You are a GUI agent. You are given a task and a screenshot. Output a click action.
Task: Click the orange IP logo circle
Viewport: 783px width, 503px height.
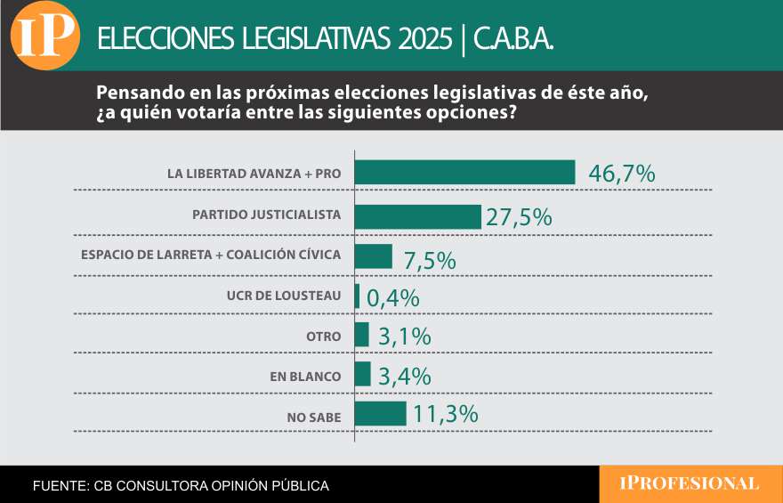[44, 37]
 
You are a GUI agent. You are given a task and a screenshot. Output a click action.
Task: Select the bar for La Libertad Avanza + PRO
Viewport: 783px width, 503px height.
[464, 173]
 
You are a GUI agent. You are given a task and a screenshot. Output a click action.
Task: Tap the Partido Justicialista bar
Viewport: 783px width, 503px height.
[417, 216]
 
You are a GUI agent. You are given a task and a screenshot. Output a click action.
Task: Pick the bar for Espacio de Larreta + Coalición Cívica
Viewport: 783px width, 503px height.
[373, 256]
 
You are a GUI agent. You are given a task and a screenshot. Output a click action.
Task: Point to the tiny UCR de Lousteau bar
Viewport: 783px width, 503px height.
[357, 296]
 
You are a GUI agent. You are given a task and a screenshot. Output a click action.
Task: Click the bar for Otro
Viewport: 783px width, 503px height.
[361, 335]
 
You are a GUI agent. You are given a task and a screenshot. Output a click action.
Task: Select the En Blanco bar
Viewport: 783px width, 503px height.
[362, 374]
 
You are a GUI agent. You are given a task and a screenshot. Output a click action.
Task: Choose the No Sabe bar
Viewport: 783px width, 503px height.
[380, 414]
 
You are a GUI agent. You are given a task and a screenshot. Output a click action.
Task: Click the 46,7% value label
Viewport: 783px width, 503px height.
[622, 174]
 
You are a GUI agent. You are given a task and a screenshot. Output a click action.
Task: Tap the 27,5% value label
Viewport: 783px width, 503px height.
[519, 217]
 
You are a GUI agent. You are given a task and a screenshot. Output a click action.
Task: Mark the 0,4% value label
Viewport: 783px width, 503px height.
[392, 298]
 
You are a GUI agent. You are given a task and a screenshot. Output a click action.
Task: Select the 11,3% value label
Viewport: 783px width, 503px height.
[445, 414]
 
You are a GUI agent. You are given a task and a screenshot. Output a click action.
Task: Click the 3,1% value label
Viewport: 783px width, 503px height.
[404, 337]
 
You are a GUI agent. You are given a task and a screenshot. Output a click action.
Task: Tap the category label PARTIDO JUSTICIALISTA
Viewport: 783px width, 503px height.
[266, 215]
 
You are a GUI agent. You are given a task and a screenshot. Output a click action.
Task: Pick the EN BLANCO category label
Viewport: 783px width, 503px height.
[305, 377]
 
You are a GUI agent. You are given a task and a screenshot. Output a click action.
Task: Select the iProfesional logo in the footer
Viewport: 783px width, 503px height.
[690, 483]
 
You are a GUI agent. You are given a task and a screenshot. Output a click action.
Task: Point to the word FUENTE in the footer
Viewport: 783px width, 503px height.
[59, 486]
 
